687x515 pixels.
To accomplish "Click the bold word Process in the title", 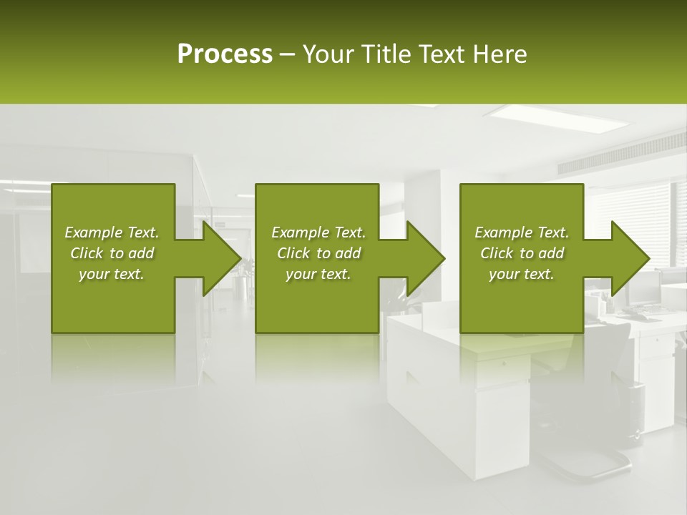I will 225,54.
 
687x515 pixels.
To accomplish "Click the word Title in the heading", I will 384,54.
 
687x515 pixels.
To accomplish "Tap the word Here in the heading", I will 500,54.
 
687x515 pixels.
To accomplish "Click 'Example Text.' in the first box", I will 112,232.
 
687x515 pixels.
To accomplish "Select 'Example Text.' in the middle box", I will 318,232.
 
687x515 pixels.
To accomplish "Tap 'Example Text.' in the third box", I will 522,232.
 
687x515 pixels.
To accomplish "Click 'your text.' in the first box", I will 112,274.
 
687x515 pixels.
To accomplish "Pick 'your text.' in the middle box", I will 318,274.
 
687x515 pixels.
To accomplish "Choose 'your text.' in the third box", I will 522,274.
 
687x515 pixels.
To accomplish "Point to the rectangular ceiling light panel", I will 558,117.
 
